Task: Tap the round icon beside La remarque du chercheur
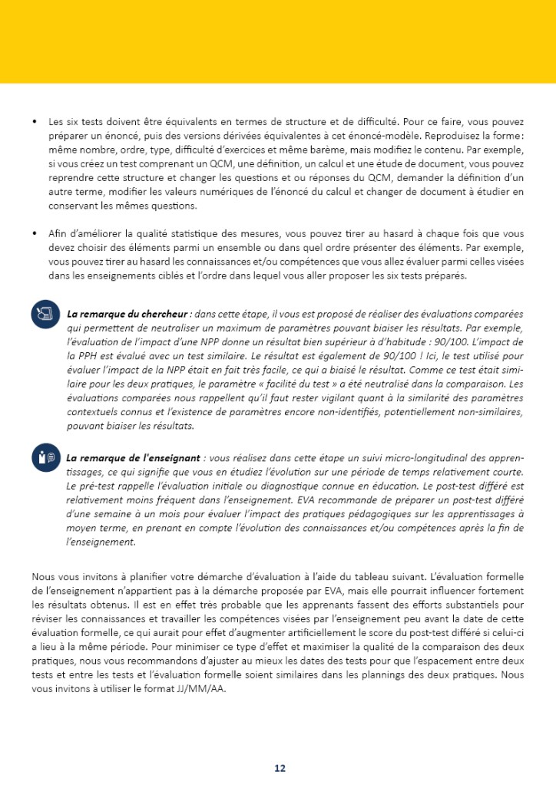[x=45, y=315]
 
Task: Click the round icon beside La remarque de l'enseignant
[x=45, y=457]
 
